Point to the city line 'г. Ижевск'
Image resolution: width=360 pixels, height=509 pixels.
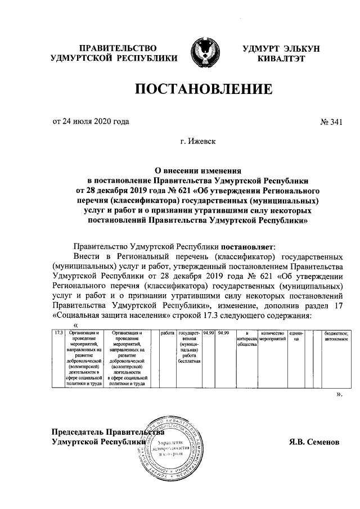coord(201,143)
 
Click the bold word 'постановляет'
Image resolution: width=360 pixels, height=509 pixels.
coord(246,246)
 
